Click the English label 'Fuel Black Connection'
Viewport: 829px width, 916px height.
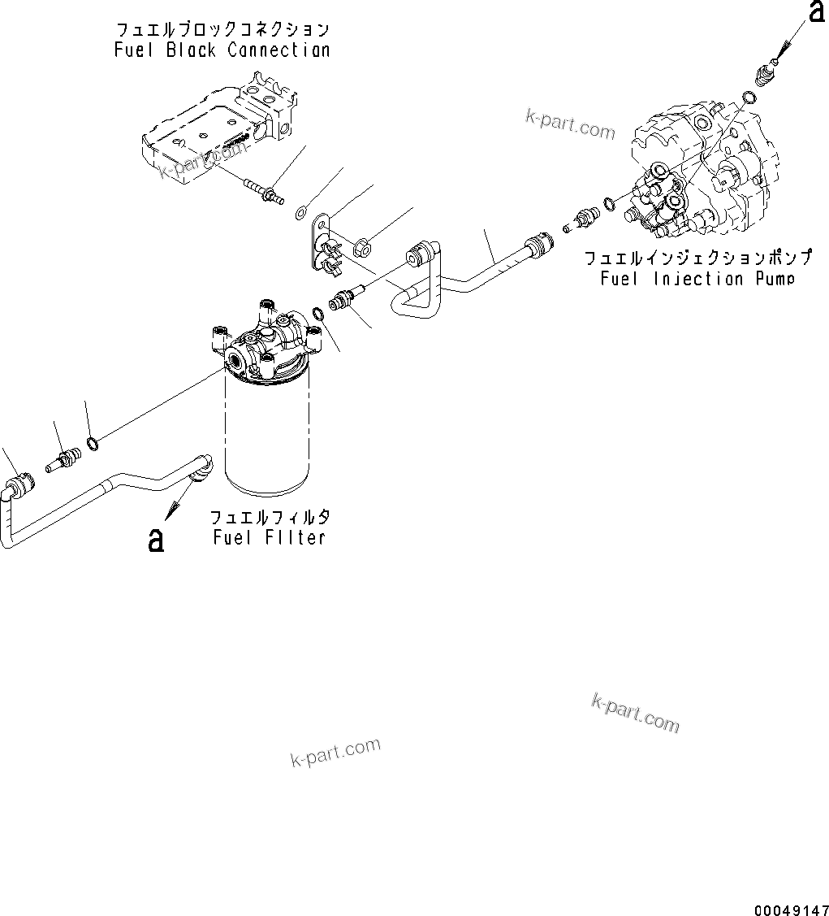point(222,50)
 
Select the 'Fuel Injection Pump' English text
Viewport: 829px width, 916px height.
point(697,279)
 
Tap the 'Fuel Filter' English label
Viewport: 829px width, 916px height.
point(270,537)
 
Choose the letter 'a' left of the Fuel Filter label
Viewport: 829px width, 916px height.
point(156,539)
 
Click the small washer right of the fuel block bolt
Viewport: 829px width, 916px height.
point(300,214)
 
